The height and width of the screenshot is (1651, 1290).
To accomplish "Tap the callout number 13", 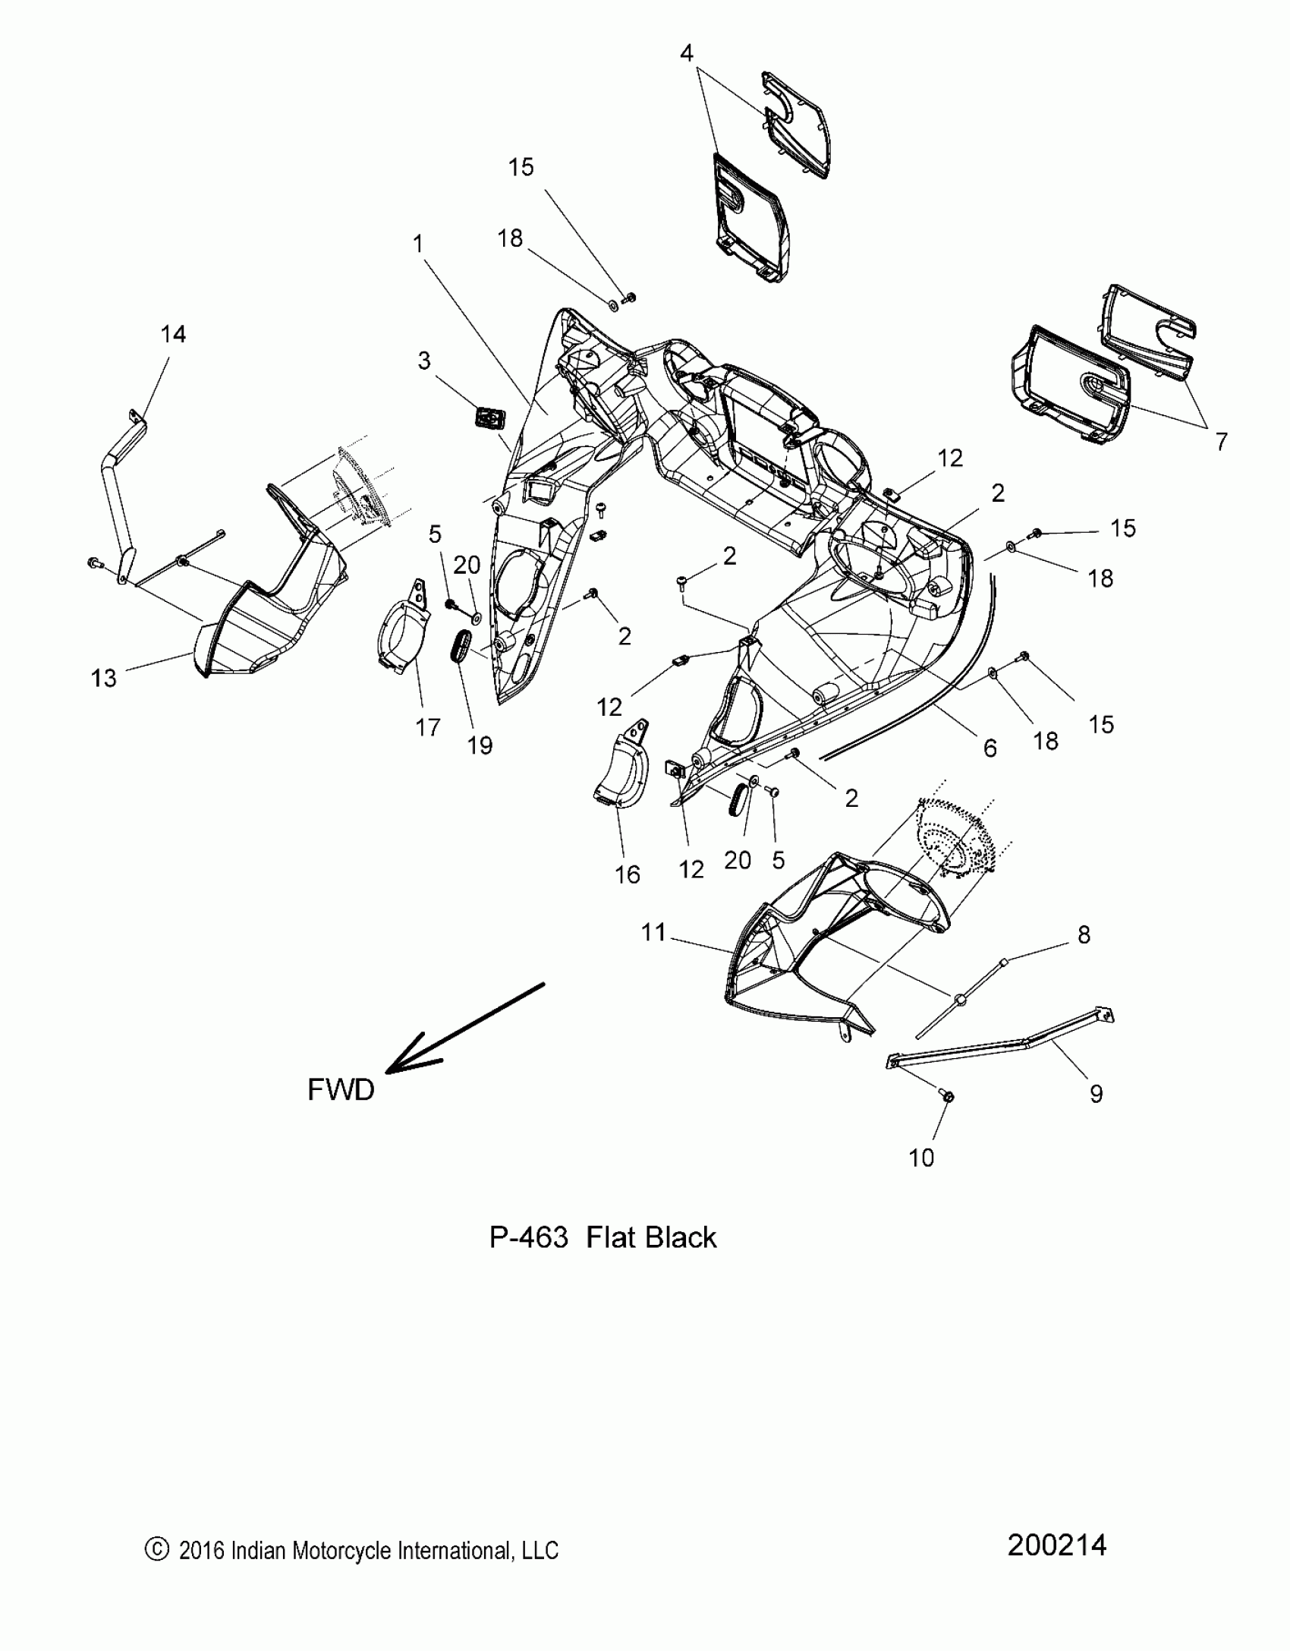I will (x=104, y=678).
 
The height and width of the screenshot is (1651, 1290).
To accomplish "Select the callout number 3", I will (x=424, y=361).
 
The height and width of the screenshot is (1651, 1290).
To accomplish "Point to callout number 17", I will (x=428, y=727).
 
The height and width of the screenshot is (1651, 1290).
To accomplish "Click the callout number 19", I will (x=480, y=745).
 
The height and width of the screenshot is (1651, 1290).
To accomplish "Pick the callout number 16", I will (x=627, y=874).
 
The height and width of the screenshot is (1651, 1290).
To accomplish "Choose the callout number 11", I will (x=653, y=932).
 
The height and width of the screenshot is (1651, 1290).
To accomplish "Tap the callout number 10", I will (x=921, y=1158).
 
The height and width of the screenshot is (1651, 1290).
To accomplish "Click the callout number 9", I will (x=1096, y=1094).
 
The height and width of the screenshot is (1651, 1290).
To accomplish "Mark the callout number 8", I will (x=1084, y=935).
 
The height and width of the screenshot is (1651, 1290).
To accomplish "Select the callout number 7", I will (x=1221, y=441).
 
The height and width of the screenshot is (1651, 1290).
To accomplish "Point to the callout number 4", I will (x=686, y=53).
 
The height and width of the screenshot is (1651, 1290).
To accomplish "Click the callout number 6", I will (x=990, y=748).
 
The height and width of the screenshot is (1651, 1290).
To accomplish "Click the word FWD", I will (x=341, y=1090).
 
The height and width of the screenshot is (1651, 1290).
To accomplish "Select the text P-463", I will (x=528, y=1237).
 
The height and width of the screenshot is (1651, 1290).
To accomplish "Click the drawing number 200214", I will (x=1057, y=1545).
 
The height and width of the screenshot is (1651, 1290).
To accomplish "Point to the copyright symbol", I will (x=156, y=1550).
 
